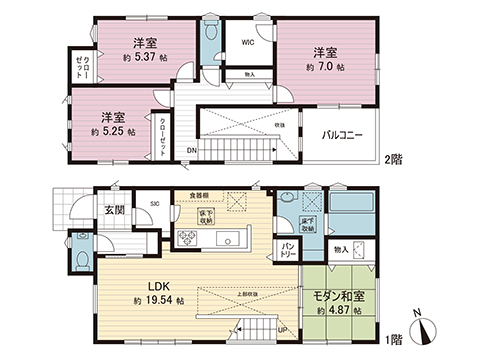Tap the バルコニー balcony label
coord(342,134)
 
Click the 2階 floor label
coord(394,158)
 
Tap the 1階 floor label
coord(394,337)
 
